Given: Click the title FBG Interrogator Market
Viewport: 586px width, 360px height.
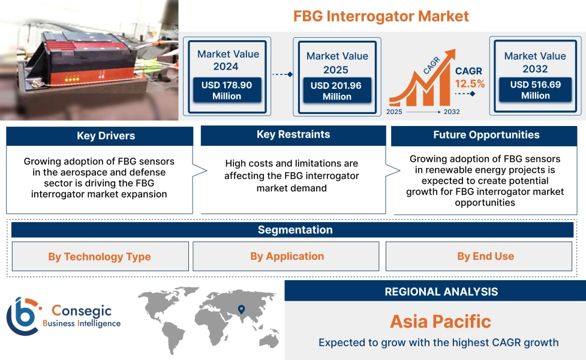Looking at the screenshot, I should [381, 16].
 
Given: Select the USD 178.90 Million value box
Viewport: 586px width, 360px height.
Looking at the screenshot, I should [227, 91].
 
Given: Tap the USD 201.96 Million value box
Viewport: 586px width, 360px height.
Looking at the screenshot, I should [336, 91].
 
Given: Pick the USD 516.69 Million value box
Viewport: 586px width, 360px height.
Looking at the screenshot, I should [535, 90].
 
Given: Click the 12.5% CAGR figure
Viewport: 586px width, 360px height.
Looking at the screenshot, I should [470, 83].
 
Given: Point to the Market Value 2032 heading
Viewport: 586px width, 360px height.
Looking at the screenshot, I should [535, 62].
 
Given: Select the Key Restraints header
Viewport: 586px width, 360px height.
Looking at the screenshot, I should [293, 134].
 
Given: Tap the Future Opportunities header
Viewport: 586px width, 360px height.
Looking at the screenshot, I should [486, 135].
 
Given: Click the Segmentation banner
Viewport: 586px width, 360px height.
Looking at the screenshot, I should [294, 230].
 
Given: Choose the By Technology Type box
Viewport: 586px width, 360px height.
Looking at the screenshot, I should [100, 257].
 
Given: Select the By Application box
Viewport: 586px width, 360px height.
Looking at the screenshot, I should [287, 256].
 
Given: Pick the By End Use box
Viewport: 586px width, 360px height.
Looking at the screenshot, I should [485, 256].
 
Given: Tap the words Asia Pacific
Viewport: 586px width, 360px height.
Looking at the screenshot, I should [440, 321].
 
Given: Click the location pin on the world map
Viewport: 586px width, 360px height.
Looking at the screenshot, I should [241, 310].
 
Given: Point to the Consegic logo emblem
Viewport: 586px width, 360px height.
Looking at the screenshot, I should [22, 316].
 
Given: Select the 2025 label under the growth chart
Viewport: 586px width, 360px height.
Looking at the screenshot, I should [395, 112].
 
